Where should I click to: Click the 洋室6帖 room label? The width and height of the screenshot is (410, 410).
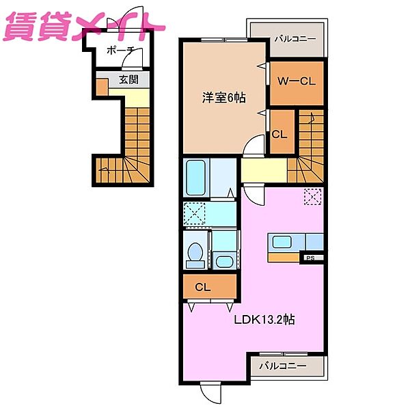pyautogui.click(x=224, y=98)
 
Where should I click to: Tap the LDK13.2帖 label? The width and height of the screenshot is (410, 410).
pyautogui.click(x=264, y=319)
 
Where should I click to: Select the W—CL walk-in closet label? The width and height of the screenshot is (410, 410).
pyautogui.click(x=297, y=81)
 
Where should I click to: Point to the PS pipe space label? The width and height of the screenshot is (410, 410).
pyautogui.click(x=310, y=258)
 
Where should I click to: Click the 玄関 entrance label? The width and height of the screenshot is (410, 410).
pyautogui.click(x=128, y=79)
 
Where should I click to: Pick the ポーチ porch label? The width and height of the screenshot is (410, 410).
pyautogui.click(x=120, y=51)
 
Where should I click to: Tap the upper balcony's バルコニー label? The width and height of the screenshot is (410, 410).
pyautogui.click(x=295, y=39)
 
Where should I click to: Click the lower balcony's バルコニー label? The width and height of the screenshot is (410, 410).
pyautogui.click(x=282, y=366)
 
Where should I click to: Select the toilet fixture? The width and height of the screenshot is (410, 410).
pyautogui.click(x=195, y=255)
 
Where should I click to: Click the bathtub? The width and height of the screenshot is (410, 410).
pyautogui.click(x=196, y=178)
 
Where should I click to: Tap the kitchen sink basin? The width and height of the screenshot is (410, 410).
pyautogui.click(x=282, y=242)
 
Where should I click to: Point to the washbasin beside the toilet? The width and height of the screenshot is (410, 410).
pyautogui.click(x=224, y=261)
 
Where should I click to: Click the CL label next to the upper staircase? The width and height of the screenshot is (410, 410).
pyautogui.click(x=279, y=135)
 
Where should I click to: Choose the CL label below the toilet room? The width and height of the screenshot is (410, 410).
pyautogui.click(x=203, y=288)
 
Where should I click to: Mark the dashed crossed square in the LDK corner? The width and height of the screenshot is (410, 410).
pyautogui.click(x=313, y=197)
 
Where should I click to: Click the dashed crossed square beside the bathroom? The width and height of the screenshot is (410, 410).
pyautogui.click(x=194, y=213)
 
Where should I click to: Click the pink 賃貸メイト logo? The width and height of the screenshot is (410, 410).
pyautogui.click(x=83, y=27)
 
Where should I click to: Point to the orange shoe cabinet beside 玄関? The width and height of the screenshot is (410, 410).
pyautogui.click(x=102, y=87)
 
